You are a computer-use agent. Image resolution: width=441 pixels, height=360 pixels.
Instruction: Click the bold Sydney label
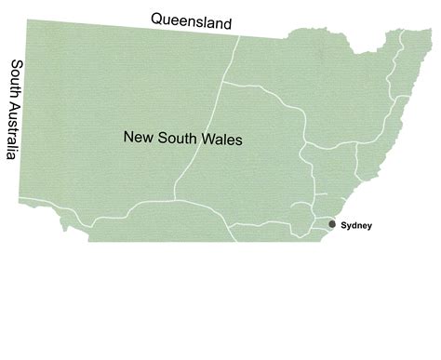356,225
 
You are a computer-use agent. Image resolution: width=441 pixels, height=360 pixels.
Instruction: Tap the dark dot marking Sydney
332,224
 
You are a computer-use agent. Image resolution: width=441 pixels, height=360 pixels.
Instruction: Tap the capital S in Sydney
344,225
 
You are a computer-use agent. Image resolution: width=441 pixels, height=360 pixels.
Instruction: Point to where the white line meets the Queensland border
239,36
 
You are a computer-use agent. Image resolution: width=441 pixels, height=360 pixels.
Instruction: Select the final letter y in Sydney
368,226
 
